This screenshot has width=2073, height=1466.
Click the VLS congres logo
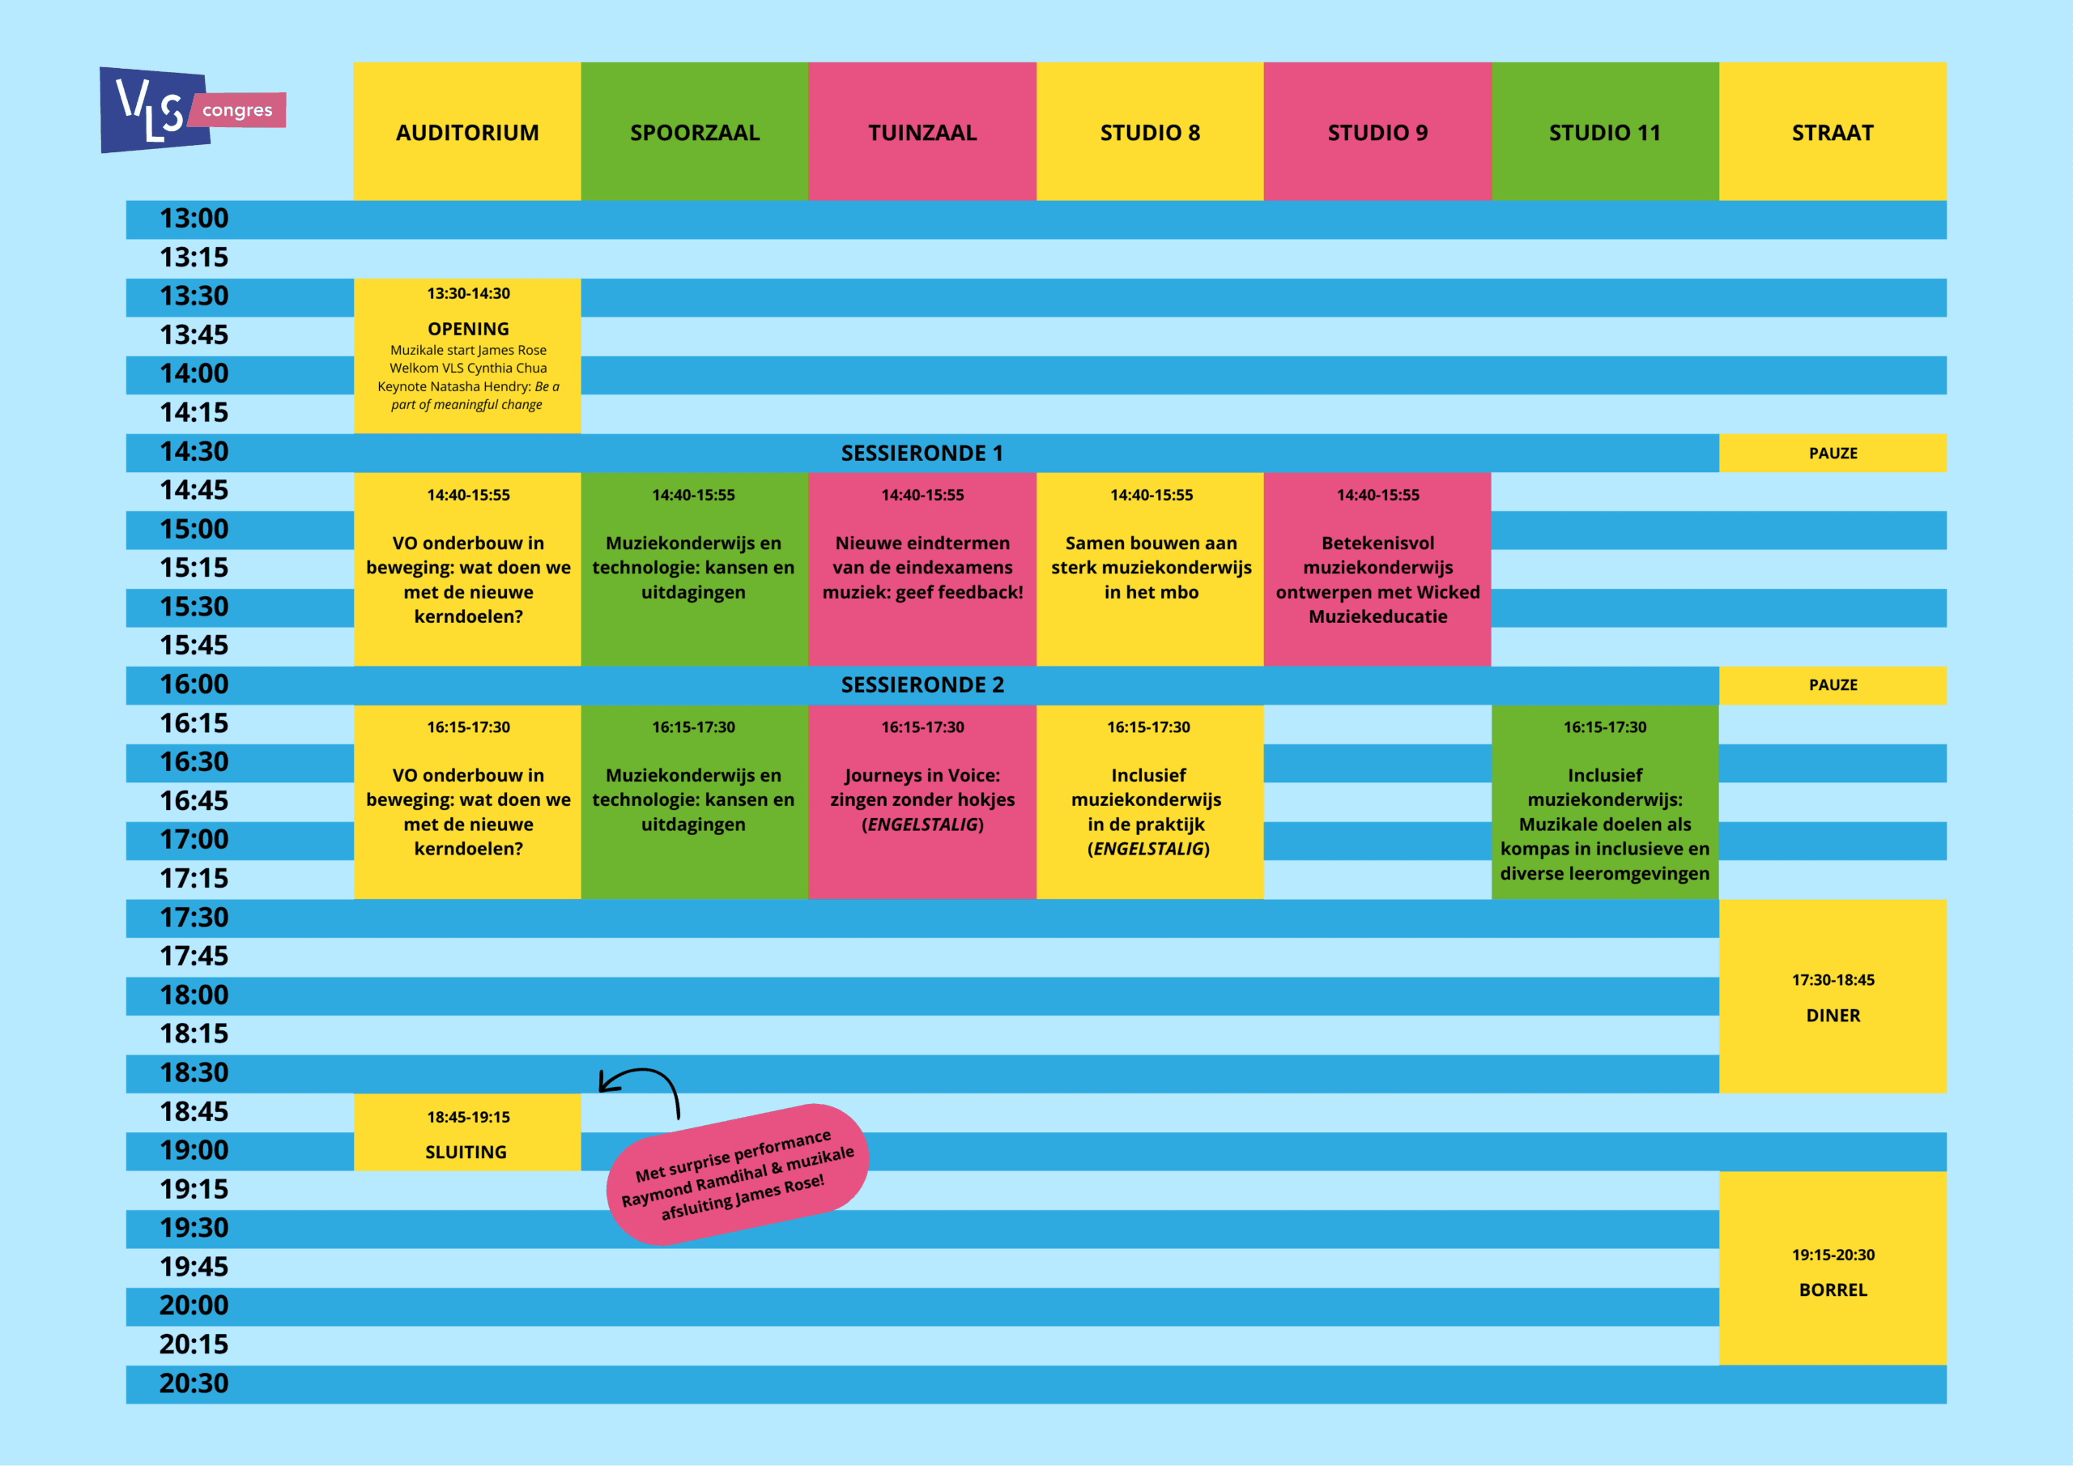[x=191, y=110]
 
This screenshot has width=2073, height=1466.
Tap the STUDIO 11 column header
[x=1604, y=133]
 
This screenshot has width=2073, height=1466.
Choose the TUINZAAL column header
[x=922, y=133]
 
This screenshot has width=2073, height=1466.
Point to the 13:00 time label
[x=194, y=219]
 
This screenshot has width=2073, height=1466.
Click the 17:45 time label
[x=194, y=956]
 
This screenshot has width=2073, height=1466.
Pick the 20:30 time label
[x=194, y=1383]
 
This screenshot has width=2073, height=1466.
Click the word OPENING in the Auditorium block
[x=468, y=329]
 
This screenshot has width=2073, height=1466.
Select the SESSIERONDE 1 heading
[x=922, y=454]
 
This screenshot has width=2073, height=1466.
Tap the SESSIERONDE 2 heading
[x=922, y=684]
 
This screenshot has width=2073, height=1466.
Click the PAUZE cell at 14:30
[x=1832, y=454]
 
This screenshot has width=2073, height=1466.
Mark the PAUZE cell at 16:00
[x=1832, y=684]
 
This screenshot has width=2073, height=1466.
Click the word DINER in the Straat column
[x=1832, y=1016]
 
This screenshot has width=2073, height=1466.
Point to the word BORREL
[x=1832, y=1290]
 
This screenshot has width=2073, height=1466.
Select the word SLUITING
[x=466, y=1152]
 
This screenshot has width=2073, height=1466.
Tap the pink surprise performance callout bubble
[x=738, y=1174]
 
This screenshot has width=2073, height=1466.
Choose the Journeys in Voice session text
[x=922, y=799]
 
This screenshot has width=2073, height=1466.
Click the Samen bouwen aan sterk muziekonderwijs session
[x=1150, y=567]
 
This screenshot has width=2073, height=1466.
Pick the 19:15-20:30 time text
[x=1832, y=1255]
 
